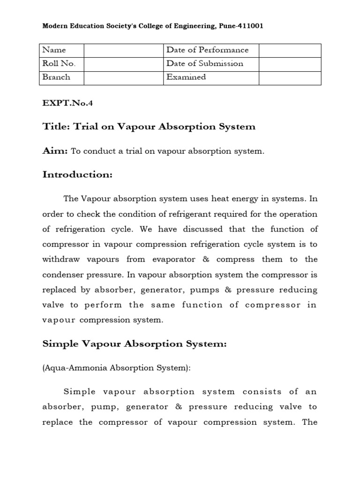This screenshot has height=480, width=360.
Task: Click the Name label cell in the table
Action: [x=61, y=50]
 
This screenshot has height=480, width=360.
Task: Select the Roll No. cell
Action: [x=61, y=64]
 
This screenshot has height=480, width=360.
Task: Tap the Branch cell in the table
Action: [x=61, y=77]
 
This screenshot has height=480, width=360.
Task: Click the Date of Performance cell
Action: [x=211, y=50]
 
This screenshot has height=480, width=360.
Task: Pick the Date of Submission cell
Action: [x=211, y=64]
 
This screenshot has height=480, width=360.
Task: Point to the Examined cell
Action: [x=211, y=77]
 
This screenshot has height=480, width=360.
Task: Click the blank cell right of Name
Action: [x=124, y=50]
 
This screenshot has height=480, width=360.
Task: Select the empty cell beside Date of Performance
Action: [x=290, y=50]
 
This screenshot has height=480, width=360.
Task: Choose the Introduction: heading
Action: [x=78, y=175]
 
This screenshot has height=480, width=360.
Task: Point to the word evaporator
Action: [x=189, y=259]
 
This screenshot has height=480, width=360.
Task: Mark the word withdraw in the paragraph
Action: [x=60, y=259]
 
